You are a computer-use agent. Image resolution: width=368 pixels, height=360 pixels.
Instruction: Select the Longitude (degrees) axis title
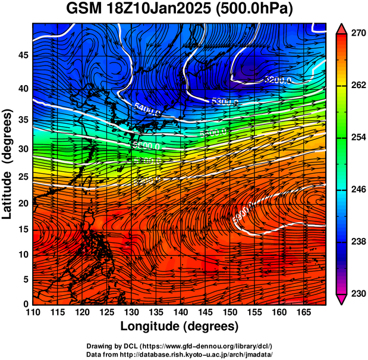[179, 326]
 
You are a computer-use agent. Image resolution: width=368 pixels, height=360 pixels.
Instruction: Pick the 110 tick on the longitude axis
[33, 312]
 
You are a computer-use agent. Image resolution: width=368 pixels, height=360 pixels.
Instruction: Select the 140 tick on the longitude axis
[179, 312]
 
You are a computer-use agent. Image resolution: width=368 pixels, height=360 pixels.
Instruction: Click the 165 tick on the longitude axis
[302, 312]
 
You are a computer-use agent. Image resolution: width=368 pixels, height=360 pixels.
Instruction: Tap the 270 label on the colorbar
[357, 34]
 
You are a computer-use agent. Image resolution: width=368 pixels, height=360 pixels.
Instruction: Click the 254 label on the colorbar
[357, 137]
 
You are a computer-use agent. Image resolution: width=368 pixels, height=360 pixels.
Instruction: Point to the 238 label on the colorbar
[357, 242]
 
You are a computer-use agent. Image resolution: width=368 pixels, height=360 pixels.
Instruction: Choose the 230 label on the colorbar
[357, 293]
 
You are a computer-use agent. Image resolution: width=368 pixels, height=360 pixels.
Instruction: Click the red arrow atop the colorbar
[342, 29]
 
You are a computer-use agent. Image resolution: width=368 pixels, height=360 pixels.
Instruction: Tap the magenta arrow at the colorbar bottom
[342, 299]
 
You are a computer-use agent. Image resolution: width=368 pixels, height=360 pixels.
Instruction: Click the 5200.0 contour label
[277, 79]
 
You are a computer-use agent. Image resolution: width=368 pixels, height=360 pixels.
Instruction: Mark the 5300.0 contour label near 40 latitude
[224, 102]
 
